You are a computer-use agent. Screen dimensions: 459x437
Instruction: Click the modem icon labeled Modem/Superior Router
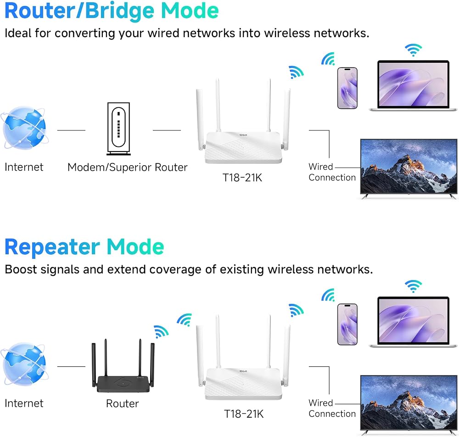pos(118,129)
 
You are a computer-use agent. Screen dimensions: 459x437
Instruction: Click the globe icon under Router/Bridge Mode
pos(24,128)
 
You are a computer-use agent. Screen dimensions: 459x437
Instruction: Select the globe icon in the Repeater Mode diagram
pos(24,364)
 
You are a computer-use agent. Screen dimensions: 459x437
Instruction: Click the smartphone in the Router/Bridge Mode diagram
pos(347,88)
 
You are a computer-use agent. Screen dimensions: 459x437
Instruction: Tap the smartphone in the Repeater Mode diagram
pos(347,325)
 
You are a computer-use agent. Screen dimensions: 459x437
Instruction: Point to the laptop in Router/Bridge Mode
pos(413,85)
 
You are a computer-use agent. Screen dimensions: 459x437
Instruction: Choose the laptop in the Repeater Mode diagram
pos(413,322)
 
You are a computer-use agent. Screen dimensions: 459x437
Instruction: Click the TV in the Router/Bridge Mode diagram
pos(409,168)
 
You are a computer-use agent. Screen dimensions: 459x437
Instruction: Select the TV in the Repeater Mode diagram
pos(409,405)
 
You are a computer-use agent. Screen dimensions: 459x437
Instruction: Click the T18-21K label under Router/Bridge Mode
pos(242,178)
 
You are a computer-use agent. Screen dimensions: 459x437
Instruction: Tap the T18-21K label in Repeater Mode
pos(244,414)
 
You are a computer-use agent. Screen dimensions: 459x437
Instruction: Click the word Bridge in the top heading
pos(119,11)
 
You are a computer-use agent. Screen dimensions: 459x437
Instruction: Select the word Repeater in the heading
pos(52,247)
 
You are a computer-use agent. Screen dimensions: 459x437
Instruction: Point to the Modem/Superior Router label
pos(127,167)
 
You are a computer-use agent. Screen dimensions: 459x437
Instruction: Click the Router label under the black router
pos(123,403)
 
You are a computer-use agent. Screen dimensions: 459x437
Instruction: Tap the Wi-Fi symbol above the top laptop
pos(413,50)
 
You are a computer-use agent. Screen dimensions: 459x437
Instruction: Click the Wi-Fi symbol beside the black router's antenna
pos(161,331)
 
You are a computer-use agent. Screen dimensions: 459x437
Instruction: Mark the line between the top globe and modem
pos(71,130)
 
